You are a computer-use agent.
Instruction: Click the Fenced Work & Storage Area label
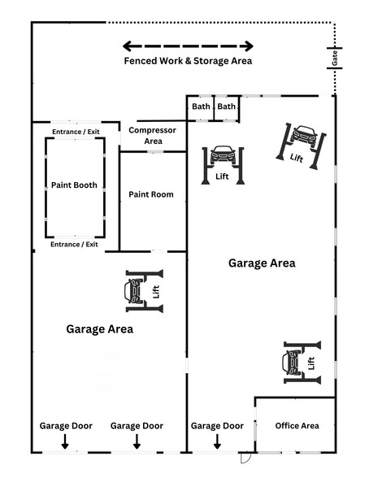coord(187,61)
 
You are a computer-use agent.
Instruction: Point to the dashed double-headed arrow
coord(187,46)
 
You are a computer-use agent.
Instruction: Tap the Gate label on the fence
coord(334,57)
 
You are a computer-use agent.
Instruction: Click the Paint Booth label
coord(74,185)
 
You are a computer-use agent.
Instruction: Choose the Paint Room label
coord(151,194)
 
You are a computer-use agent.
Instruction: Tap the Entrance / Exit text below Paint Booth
coord(74,244)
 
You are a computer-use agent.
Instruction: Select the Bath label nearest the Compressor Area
coord(201,106)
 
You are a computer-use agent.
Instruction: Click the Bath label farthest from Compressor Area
coord(227,106)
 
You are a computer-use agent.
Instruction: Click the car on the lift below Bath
coord(222,154)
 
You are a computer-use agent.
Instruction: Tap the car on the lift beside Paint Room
coord(135,289)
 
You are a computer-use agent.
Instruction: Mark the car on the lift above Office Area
coord(293,358)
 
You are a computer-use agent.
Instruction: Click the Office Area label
coord(297,425)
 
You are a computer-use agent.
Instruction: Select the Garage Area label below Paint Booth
coord(99,329)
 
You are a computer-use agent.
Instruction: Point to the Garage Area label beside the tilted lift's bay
coord(262,263)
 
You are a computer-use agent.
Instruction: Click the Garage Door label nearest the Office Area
coord(217,425)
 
